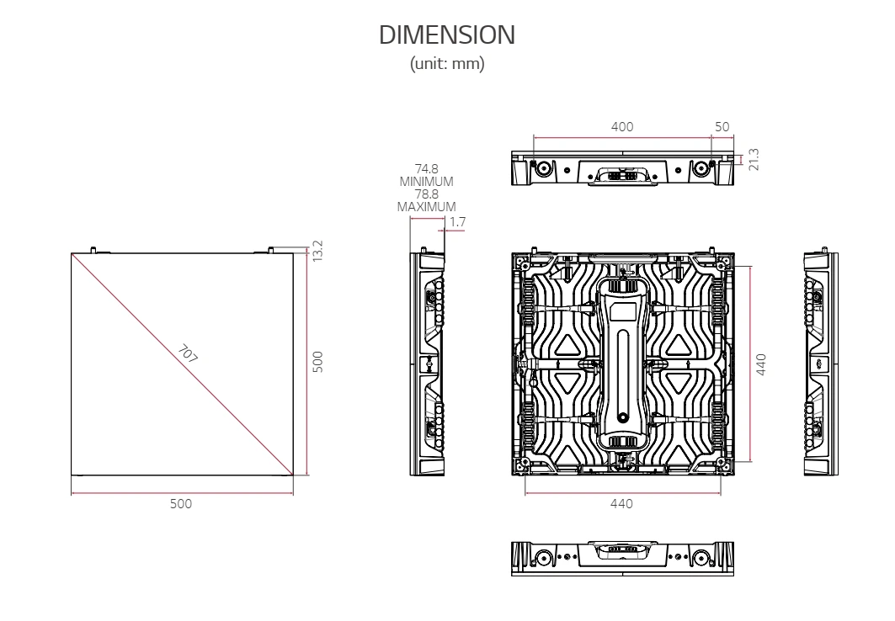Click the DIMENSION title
pos(447,34)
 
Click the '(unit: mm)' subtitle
pos(447,63)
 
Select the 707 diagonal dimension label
pos(187,354)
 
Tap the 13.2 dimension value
pos(318,251)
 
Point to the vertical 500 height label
pos(318,362)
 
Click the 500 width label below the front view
pos(181,504)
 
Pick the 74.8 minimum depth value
pos(426,169)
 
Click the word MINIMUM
pos(426,182)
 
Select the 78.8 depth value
pos(426,194)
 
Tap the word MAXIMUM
pos(426,207)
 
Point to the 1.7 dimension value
pos(458,222)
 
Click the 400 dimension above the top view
pos(622,127)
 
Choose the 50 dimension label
pos(722,127)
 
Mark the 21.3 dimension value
pos(754,160)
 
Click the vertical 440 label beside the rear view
pos(761,364)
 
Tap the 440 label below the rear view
pos(621,504)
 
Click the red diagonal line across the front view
pos(182,364)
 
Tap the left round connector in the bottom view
pos(543,557)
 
